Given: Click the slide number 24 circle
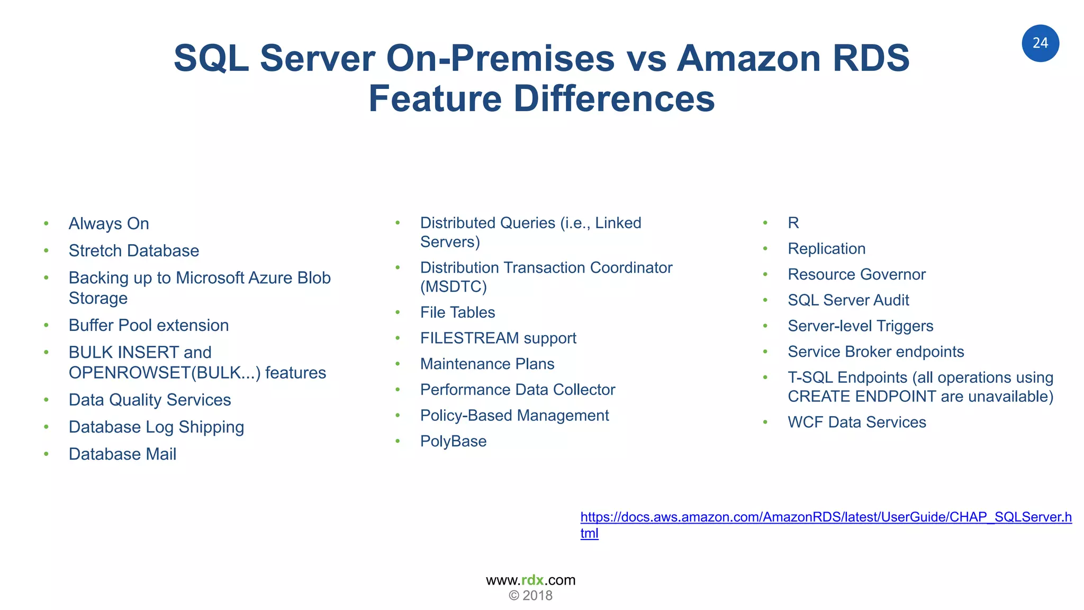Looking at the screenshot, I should tap(1040, 43).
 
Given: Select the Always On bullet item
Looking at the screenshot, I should tap(109, 223).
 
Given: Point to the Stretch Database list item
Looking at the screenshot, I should tap(133, 250).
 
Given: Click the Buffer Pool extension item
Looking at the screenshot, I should tap(148, 325).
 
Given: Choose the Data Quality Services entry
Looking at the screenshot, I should tap(149, 400).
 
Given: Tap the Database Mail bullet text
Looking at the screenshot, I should tap(122, 454).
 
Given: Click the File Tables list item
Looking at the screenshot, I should tap(457, 312).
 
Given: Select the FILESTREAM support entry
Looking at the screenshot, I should tap(498, 338).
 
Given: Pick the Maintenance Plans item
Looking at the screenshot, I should tap(487, 364).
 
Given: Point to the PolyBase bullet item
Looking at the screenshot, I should tap(453, 441).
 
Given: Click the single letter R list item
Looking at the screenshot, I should tap(793, 223).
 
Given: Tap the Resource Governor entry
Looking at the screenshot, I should tap(856, 274).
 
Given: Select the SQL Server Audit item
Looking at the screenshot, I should tap(848, 300).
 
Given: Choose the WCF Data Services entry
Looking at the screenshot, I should tap(856, 422).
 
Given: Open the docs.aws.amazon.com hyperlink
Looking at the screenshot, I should tap(826, 517).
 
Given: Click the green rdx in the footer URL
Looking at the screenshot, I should tap(532, 580).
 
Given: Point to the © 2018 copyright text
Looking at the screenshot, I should tap(530, 596).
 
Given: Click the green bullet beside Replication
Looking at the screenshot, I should tap(765, 249).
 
